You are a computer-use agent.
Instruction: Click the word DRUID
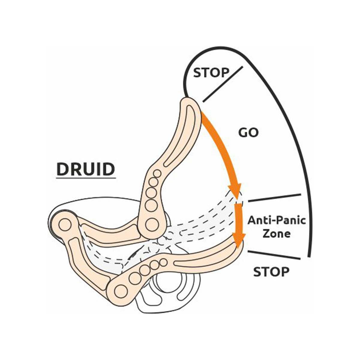pos(86,169)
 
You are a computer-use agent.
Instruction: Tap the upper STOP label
pos(211,73)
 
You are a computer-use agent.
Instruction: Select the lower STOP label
pos(271,272)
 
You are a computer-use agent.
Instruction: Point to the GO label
pos(248,132)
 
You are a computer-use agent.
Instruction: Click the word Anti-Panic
pos(276,220)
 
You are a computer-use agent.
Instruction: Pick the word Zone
pos(276,234)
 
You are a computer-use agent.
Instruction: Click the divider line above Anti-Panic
pos(274,198)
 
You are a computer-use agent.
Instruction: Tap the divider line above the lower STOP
pos(274,255)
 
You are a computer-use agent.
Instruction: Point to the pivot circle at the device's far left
pos(64,224)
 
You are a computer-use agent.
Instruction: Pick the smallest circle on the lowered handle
pos(163,262)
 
